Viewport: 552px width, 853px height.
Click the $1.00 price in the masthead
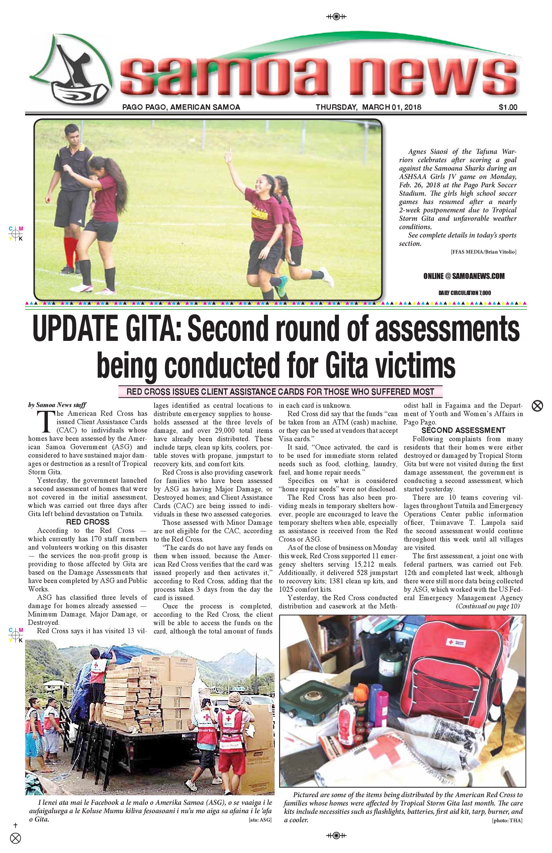[x=508, y=107]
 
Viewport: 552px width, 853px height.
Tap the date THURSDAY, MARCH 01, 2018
[x=368, y=107]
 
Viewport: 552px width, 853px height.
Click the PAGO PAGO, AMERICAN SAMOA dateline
[x=181, y=107]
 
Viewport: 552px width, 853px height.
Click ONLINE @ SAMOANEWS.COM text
[x=464, y=276]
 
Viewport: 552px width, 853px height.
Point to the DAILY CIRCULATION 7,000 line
[x=465, y=293]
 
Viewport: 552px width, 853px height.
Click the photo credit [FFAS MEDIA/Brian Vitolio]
[x=483, y=252]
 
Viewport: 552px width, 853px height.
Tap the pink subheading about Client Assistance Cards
[x=280, y=391]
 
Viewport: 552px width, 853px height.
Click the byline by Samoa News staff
[x=57, y=405]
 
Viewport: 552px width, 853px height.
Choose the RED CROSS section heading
[x=87, y=522]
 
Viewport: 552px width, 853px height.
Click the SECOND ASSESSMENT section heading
[x=463, y=431]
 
